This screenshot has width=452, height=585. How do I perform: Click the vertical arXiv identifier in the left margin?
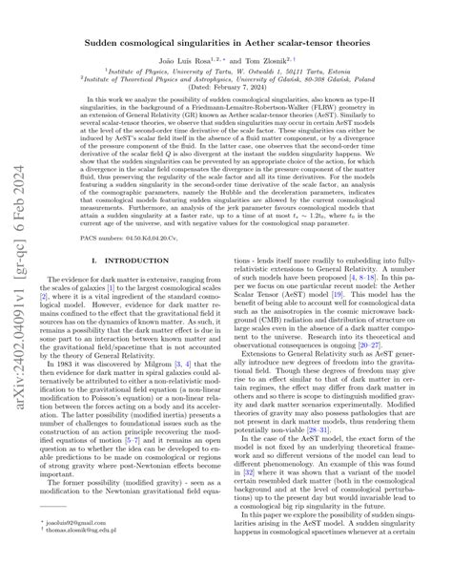click(18, 286)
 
